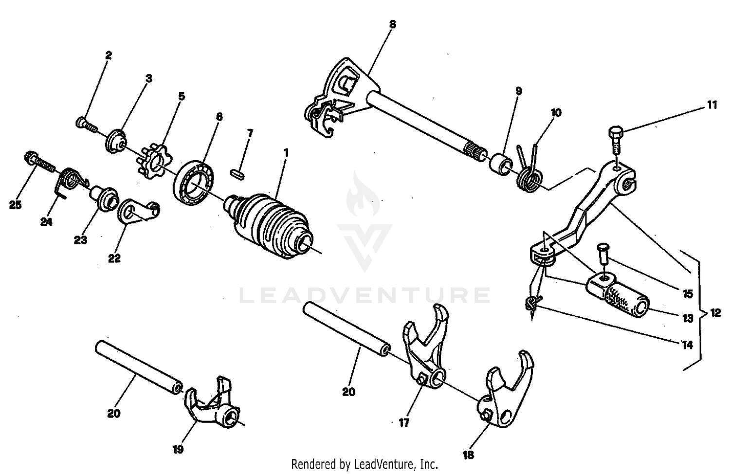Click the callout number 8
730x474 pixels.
coord(393,23)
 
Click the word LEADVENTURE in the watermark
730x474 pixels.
coord(365,295)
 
